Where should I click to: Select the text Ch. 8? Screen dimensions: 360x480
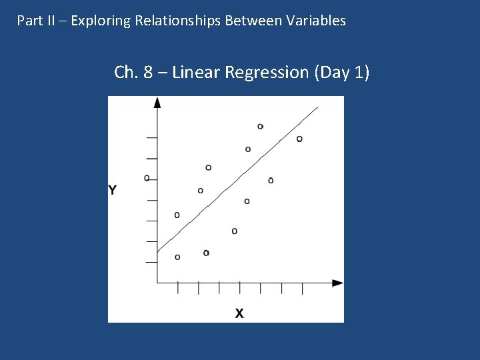point(133,72)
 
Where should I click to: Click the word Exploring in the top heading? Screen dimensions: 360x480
point(101,21)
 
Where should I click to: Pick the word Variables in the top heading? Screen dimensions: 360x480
point(317,21)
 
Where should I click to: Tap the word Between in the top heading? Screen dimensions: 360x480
point(254,21)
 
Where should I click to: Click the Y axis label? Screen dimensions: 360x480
point(112,191)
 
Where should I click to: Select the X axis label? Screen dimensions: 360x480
point(239,313)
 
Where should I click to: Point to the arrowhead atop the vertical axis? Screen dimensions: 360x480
point(157,102)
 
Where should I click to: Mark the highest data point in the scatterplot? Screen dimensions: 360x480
point(260,126)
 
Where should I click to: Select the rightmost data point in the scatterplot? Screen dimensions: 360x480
point(299,139)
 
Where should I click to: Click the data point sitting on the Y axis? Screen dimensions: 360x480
point(147,178)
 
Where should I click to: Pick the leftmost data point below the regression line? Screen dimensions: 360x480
point(177,257)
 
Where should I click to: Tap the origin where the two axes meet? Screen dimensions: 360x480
point(157,283)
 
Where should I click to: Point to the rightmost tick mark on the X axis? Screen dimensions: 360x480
point(303,288)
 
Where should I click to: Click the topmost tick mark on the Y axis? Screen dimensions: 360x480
point(152,137)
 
